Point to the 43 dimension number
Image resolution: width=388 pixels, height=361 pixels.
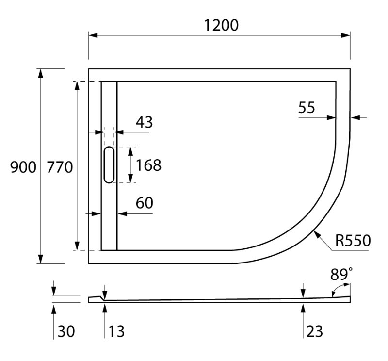point(144,122)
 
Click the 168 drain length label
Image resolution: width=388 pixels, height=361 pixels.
point(148,165)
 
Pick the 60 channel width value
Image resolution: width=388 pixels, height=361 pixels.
point(144,203)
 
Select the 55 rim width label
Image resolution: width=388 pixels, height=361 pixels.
point(307,107)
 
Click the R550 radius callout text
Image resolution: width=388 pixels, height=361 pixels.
point(353,240)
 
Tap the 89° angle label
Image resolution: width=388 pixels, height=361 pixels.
point(341,275)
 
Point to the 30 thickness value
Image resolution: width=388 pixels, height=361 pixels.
point(67,331)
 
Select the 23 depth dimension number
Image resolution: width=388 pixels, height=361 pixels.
point(315,331)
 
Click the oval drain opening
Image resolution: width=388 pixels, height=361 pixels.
point(110,165)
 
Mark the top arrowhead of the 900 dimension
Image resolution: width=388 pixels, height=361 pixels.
point(41,73)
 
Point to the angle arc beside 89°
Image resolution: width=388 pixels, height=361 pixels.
point(334,291)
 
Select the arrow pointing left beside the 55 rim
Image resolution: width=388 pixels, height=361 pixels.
point(355,117)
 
